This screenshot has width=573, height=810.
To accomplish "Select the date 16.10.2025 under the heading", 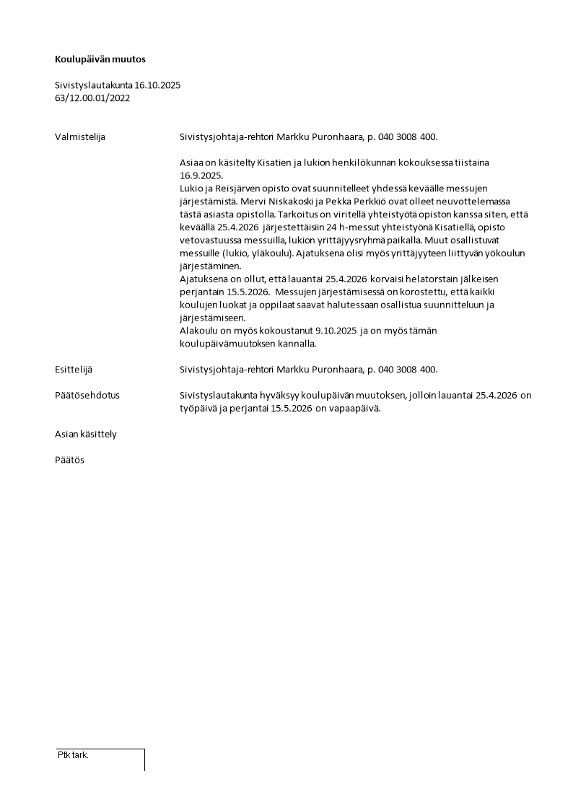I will (157, 85).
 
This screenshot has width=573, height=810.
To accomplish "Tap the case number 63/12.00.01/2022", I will (92, 98).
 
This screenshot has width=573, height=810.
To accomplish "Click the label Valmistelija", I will (80, 136).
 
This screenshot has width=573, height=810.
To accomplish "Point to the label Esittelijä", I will (74, 370).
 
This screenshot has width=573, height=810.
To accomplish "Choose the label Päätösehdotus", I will (87, 395).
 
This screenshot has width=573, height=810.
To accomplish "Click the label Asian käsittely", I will (86, 434).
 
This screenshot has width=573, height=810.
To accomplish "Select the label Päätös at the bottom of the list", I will (69, 460).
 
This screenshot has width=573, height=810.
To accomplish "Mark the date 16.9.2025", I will (202, 175).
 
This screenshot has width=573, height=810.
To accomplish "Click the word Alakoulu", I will (200, 331).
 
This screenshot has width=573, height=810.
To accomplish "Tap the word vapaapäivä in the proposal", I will (354, 408).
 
